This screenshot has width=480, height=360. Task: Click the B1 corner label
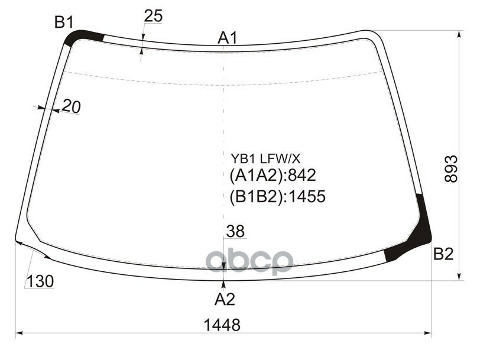[63, 22]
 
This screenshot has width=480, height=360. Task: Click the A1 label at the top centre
[228, 39]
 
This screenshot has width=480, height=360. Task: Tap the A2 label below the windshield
[225, 299]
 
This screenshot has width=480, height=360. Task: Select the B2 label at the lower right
[443, 255]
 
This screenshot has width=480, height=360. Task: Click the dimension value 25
[153, 17]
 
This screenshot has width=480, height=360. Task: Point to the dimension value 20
[71, 107]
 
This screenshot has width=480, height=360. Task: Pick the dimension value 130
[40, 281]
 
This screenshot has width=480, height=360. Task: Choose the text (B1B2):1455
[277, 196]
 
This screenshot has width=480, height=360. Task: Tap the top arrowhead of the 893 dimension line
[460, 34]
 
